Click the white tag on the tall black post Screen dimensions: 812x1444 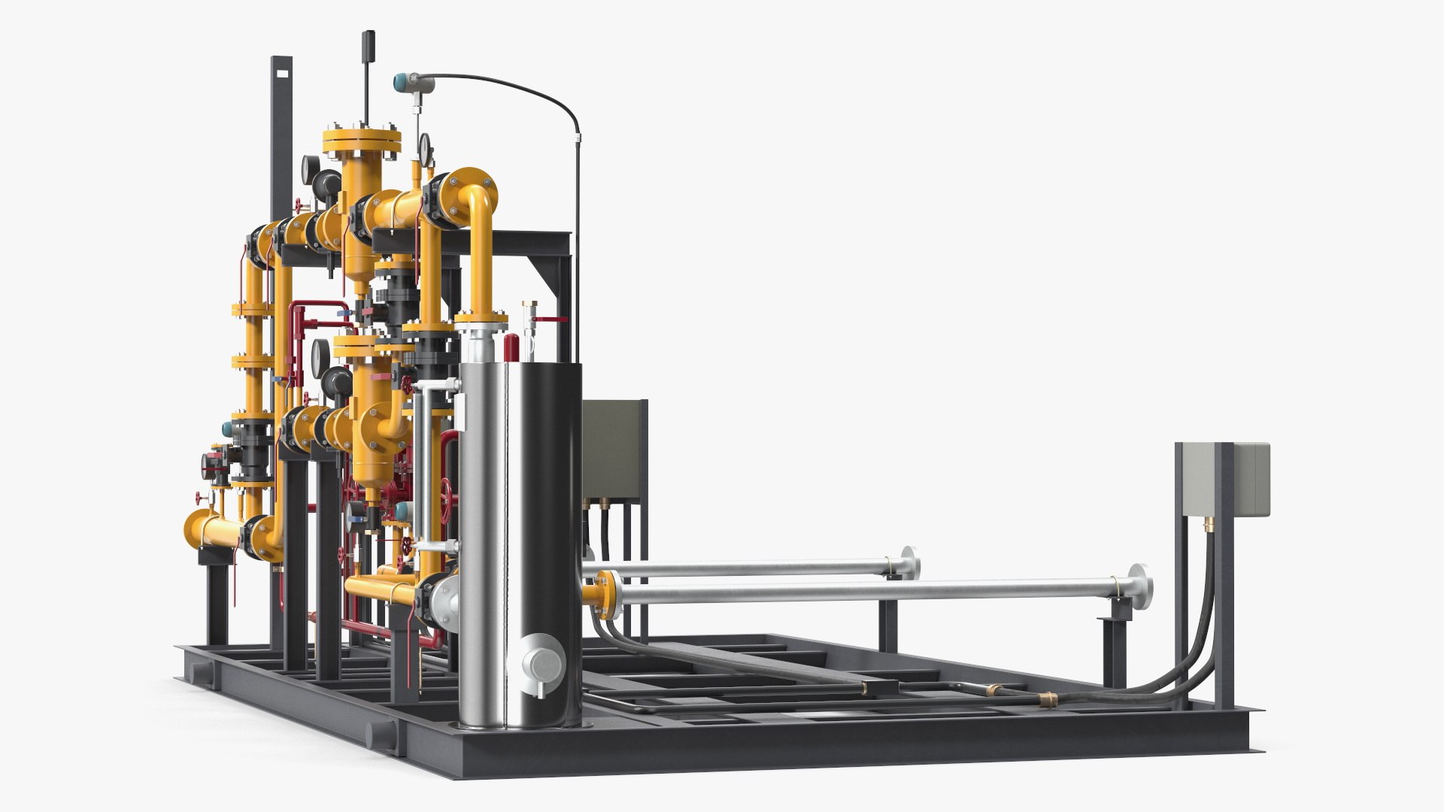click(284, 74)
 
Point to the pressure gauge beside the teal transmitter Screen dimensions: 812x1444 click(426, 144)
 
